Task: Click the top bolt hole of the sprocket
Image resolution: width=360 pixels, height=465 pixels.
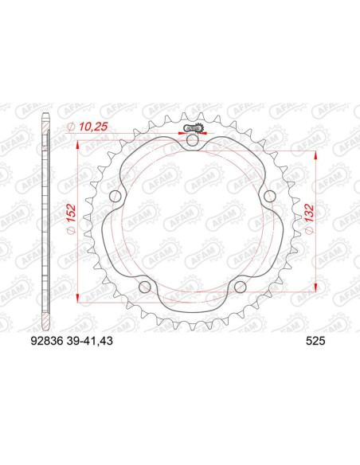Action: tap(192, 141)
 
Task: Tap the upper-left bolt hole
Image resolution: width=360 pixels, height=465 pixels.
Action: tap(115, 197)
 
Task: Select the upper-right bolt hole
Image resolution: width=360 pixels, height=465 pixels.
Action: tap(269, 197)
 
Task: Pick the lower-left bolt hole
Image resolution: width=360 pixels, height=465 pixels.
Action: tap(144, 287)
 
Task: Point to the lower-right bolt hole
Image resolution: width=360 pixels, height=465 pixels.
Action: tap(240, 287)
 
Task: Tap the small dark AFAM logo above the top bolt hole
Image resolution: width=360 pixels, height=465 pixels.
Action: tap(192, 127)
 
